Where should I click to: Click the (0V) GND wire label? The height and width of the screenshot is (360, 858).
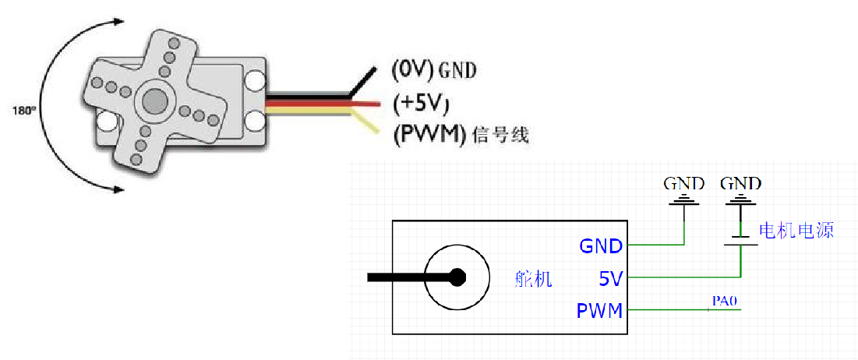[x=433, y=70]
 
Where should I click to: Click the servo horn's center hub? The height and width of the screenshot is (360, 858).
[x=154, y=101]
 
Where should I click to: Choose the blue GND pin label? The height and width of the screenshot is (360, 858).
[x=600, y=246]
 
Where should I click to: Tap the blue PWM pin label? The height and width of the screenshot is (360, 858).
[x=599, y=311]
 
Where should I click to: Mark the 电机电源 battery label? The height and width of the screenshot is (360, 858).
[x=796, y=231]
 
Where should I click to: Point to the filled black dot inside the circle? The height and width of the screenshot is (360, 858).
[x=457, y=277]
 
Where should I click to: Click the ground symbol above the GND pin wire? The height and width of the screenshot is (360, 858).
[x=685, y=202]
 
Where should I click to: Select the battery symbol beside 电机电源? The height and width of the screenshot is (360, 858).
[x=741, y=233]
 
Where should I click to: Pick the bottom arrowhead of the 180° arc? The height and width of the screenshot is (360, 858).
[x=118, y=187]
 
